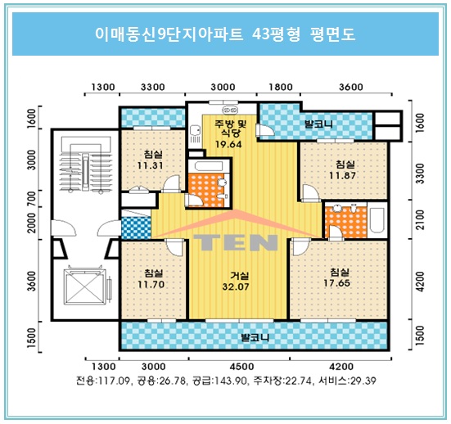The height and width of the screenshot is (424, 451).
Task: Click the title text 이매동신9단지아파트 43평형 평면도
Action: (x=224, y=35)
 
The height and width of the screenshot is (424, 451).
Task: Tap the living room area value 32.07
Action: (x=240, y=287)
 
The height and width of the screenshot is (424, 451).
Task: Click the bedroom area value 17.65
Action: (x=340, y=283)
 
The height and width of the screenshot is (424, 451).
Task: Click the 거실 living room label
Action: (x=240, y=275)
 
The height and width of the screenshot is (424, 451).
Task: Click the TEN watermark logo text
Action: (x=237, y=244)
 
